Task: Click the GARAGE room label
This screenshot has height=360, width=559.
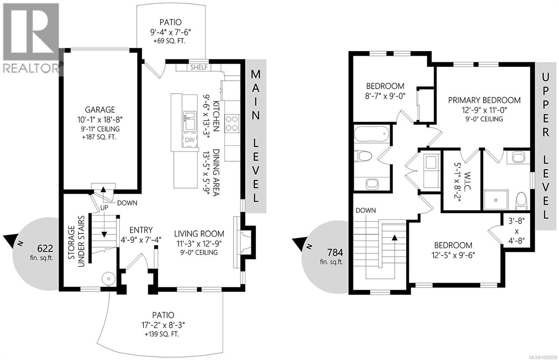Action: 101,110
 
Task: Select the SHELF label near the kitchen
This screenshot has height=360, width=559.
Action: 198,67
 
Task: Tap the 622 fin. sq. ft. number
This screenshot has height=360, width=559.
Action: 45,249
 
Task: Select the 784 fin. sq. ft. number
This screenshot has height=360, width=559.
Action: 335,252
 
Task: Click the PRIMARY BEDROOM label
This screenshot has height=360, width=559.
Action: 484,101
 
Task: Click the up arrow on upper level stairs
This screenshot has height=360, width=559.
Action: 394,238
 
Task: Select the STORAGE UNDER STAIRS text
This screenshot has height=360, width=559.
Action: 76,242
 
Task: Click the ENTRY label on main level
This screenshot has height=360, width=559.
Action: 141,230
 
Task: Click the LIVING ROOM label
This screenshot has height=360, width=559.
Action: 199,234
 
